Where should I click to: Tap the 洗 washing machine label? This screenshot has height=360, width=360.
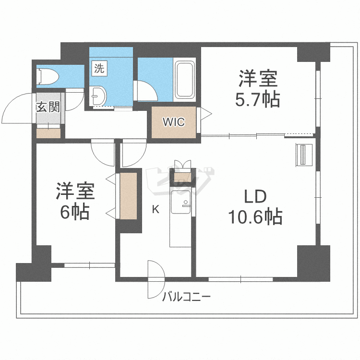pyautogui.click(x=98, y=69)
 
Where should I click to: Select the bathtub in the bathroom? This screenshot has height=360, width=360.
pyautogui.click(x=185, y=79)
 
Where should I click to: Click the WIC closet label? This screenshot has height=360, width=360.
pyautogui.click(x=173, y=122)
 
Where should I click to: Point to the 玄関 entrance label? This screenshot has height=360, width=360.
pyautogui.click(x=48, y=107)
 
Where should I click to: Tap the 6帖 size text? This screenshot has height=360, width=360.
pyautogui.click(x=74, y=212)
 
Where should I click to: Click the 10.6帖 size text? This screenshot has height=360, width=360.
pyautogui.click(x=255, y=217)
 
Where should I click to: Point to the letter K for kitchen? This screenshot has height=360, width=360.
pyautogui.click(x=155, y=209)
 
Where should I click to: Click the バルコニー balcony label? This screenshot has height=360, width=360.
pyautogui.click(x=186, y=296)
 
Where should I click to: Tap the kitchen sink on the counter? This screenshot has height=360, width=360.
pyautogui.click(x=180, y=202)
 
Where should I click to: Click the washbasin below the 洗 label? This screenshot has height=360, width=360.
pyautogui.click(x=97, y=96)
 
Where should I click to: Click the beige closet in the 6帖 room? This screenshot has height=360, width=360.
pyautogui.click(x=128, y=195)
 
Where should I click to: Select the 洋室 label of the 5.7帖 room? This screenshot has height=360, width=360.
pyautogui.click(x=258, y=78)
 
